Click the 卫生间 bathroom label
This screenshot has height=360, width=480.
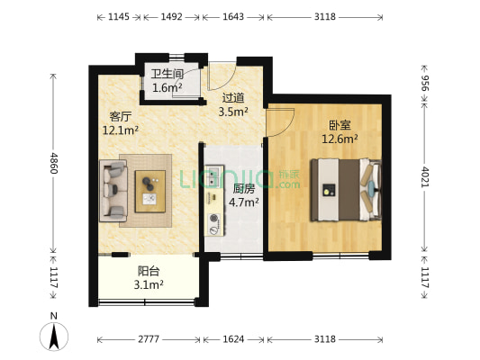coord(168,74)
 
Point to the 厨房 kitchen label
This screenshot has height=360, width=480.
coord(244,189)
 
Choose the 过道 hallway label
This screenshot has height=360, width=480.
coord(233,98)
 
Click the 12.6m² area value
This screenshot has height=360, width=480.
coord(340,139)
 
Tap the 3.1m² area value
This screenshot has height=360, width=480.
coord(149,285)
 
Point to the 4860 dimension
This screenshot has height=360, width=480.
coord(54,163)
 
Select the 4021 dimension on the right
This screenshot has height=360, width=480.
coord(425,176)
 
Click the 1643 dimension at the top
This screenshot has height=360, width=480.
coord(233,16)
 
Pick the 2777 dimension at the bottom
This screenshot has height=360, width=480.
coord(149,339)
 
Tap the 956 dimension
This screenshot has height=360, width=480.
coord(425,83)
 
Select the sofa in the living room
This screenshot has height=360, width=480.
coord(113,191)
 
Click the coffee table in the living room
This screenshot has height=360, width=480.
coord(150,192)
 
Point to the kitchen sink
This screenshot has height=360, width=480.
coord(213,176)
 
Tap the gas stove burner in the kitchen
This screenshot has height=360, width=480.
coord(213,218)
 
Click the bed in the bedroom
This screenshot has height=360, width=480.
coord(346,190)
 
